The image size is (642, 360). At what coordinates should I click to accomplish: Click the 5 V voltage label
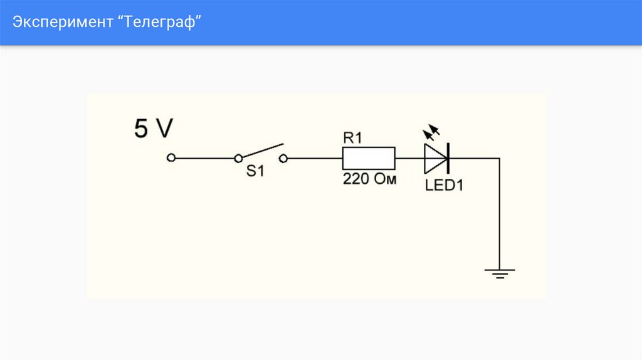pos(153,129)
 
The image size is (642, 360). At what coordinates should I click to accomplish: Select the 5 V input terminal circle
pos(171,158)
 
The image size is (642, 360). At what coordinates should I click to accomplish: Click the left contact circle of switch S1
pos(238,158)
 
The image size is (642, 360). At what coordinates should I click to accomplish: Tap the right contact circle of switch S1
pos(284,158)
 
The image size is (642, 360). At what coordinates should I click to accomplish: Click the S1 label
pos(255,171)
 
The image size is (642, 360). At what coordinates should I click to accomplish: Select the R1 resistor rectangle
pos(369,158)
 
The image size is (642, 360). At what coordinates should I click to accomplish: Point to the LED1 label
pos(443,186)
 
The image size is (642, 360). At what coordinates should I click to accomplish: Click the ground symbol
pos(499,273)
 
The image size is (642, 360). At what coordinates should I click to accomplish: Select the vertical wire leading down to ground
pos(499,213)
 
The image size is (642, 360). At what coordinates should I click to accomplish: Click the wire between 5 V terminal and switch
pos(204,158)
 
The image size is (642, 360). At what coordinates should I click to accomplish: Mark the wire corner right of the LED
pos(499,158)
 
